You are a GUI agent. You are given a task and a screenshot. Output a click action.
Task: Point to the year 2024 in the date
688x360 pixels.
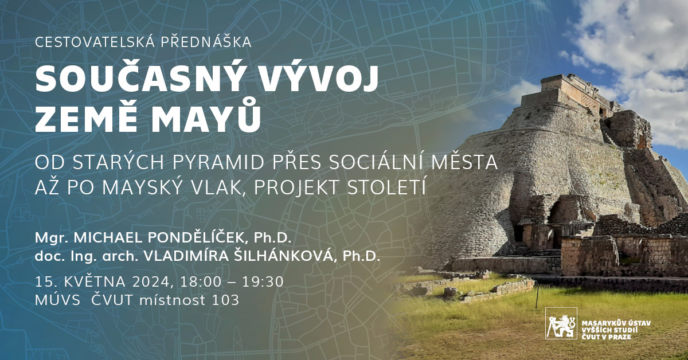point(151,282)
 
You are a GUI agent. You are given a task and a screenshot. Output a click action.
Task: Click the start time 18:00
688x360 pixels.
point(201,282)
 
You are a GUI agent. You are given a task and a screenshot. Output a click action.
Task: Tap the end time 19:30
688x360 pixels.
point(263,282)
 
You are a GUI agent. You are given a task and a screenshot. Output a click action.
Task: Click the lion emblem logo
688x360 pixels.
point(561,323)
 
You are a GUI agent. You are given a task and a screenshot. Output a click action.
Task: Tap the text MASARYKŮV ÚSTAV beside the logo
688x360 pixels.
point(616,323)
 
